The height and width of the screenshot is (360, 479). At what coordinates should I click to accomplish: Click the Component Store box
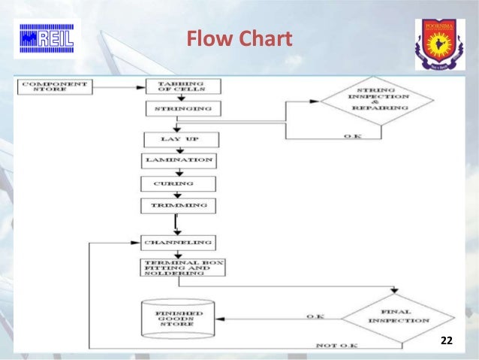pyautogui.click(x=54, y=86)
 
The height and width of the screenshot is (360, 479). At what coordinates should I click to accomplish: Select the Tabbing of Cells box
pyautogui.click(x=179, y=86)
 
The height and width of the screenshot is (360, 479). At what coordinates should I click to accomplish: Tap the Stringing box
pyautogui.click(x=179, y=109)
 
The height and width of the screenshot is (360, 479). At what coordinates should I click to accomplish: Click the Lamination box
pyautogui.click(x=179, y=161)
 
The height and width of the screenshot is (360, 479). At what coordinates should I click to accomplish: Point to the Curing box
pyautogui.click(x=179, y=183)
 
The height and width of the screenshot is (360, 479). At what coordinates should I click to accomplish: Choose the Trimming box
pyautogui.click(x=179, y=205)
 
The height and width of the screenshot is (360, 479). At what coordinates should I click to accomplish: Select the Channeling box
pyautogui.click(x=179, y=243)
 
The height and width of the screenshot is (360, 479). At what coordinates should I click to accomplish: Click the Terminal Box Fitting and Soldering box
pyautogui.click(x=182, y=268)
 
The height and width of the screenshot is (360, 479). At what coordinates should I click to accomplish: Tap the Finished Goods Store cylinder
pyautogui.click(x=178, y=319)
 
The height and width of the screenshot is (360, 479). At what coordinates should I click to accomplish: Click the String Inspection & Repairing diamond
pyautogui.click(x=378, y=102)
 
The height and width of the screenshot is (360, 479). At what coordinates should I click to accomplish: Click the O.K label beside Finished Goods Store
pyautogui.click(x=316, y=317)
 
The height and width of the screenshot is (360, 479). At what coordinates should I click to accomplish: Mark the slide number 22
pyautogui.click(x=447, y=341)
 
